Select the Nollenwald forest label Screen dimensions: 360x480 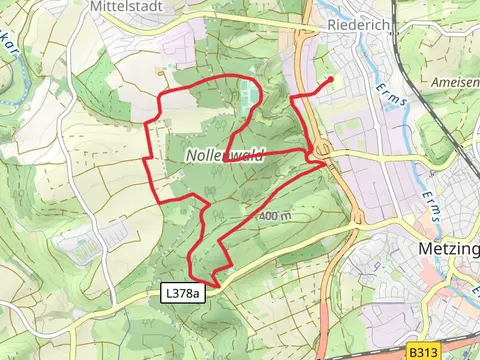[217, 156]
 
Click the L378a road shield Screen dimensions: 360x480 [182, 293]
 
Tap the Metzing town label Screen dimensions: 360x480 [447, 247]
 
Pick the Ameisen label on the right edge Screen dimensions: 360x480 [455, 81]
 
